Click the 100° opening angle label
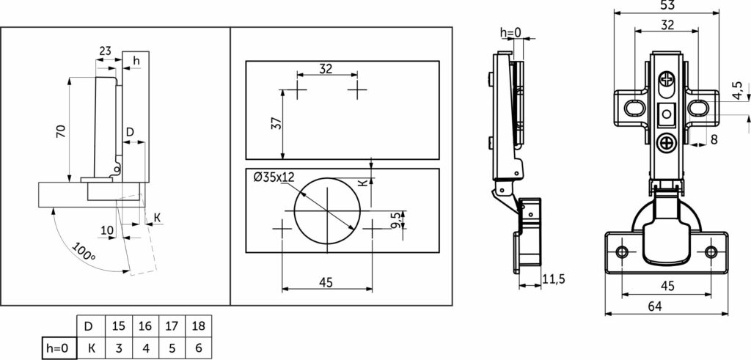[x=84, y=251]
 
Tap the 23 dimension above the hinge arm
[x=106, y=51]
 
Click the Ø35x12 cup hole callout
[x=274, y=177]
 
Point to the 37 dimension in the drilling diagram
[x=276, y=123]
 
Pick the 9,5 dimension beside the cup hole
[x=395, y=220]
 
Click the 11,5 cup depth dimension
[x=554, y=279]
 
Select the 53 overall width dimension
[x=667, y=5]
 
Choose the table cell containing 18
[x=198, y=326]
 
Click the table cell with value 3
[x=119, y=348]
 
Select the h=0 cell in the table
[x=59, y=348]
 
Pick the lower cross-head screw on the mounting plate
[x=666, y=143]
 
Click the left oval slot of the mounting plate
[x=634, y=108]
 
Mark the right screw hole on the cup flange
[x=711, y=251]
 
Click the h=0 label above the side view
[x=510, y=32]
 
